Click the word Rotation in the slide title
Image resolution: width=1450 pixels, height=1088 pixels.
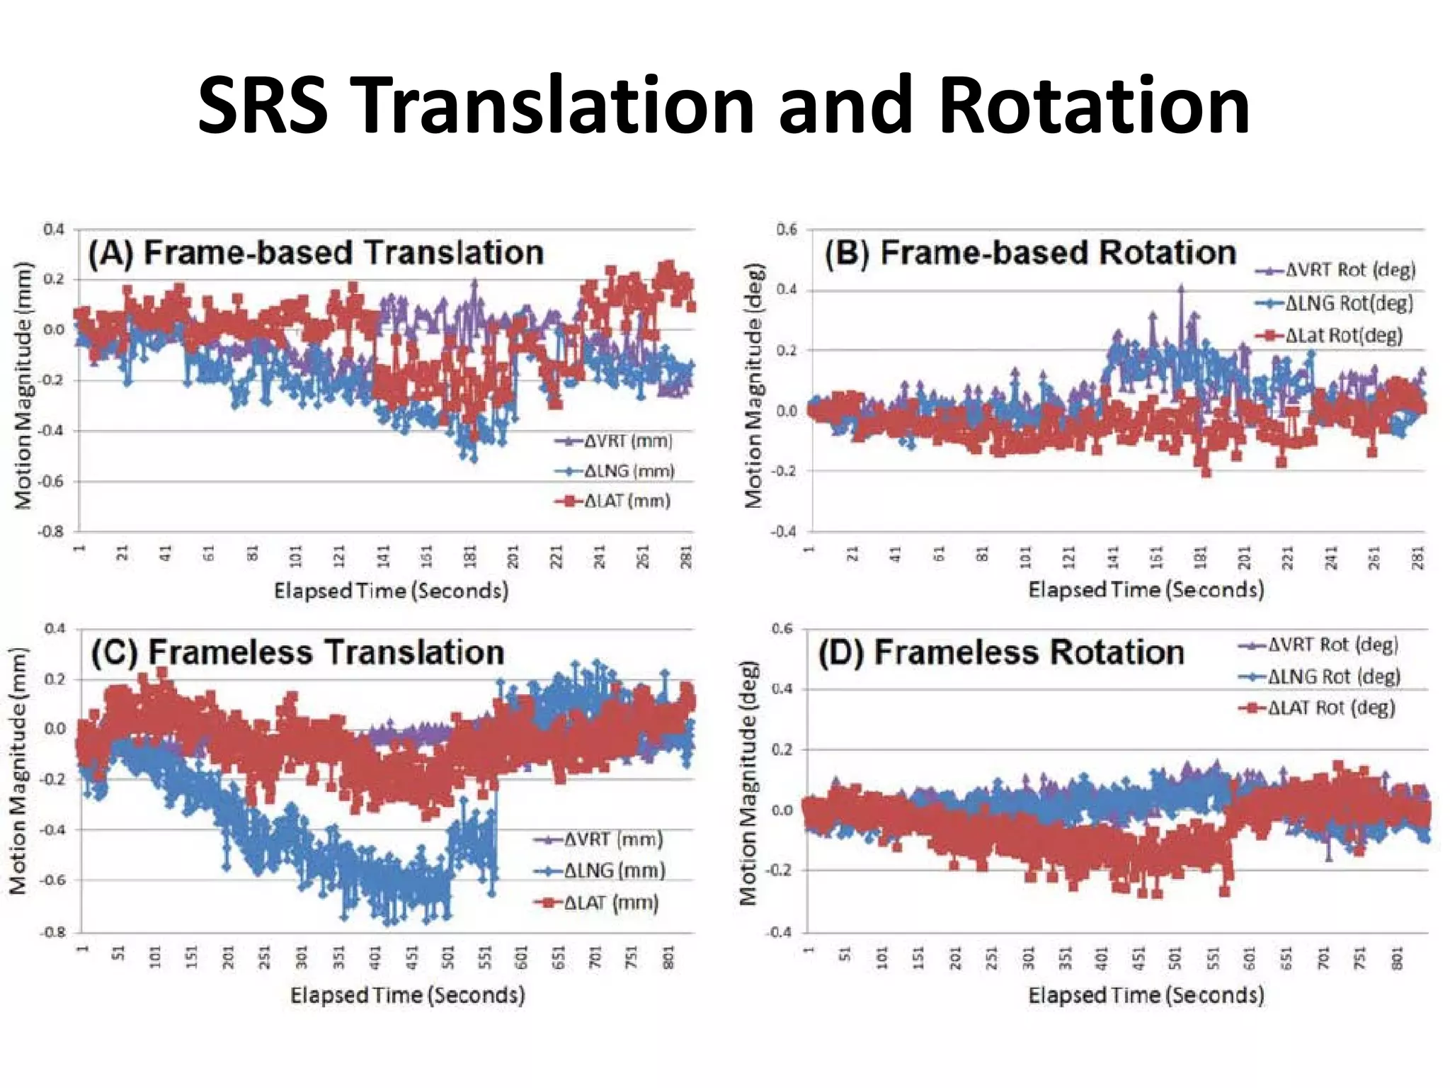(x=1094, y=106)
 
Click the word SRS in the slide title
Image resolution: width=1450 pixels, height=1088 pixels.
(x=262, y=106)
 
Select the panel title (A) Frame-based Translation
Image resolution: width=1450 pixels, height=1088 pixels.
(x=316, y=253)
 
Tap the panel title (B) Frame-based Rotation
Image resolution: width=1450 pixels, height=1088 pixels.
(x=1030, y=253)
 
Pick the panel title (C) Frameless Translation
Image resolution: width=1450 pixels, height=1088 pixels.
(x=297, y=652)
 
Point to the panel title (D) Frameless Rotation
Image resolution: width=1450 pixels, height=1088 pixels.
(x=1001, y=652)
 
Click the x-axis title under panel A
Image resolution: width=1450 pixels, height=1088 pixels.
(x=391, y=591)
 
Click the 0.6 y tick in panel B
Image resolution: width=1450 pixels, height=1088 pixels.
(x=786, y=229)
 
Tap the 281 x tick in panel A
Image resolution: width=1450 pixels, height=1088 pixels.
(x=686, y=557)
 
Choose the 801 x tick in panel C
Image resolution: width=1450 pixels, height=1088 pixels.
(x=668, y=958)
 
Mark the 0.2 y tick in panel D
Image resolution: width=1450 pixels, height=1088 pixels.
(x=782, y=749)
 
